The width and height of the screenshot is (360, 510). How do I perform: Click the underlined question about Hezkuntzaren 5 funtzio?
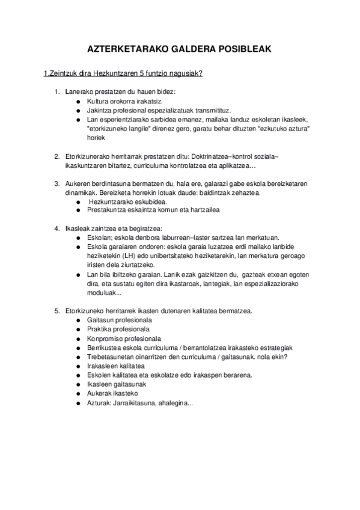(123, 74)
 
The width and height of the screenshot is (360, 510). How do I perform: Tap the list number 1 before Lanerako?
(56, 92)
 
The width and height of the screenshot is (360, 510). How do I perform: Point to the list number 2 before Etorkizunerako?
(56, 156)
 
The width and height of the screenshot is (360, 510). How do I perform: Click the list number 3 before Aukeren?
(56, 183)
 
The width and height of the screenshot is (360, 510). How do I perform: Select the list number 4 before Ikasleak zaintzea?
(56, 229)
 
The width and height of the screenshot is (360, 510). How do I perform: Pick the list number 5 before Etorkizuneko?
(56, 311)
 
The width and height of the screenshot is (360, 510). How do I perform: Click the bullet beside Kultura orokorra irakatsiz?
(78, 102)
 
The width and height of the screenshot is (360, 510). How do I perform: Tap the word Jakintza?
(100, 111)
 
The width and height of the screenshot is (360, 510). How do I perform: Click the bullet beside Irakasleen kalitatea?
(78, 366)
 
